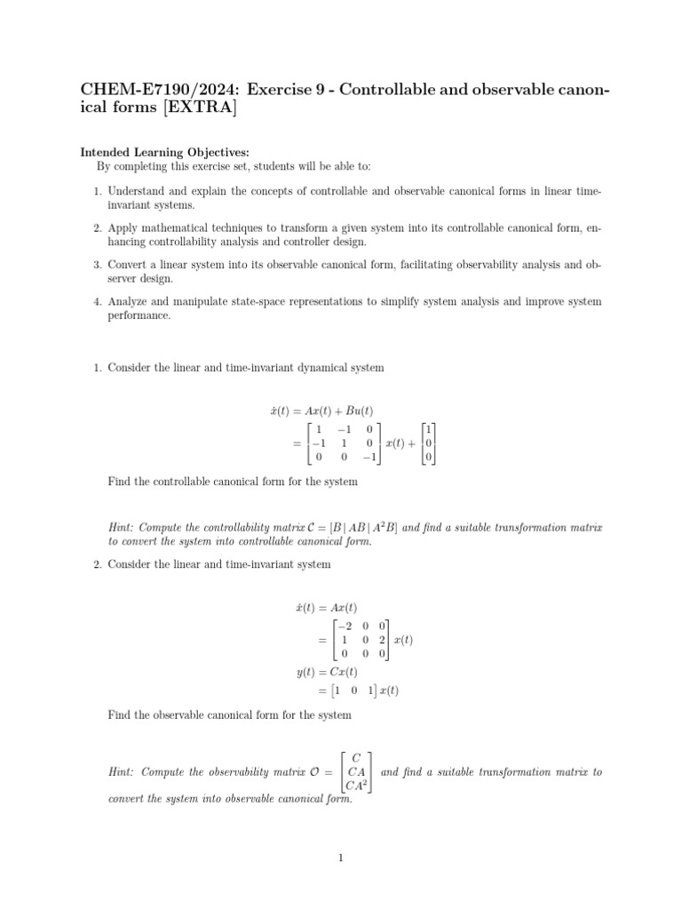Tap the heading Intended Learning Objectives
point(165,152)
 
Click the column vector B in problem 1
point(429,443)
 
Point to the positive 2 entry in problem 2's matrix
point(380,640)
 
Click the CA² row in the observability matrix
point(356,785)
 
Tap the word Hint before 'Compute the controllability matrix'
point(122,528)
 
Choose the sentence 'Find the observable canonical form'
point(229,714)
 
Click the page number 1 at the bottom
point(340,858)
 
